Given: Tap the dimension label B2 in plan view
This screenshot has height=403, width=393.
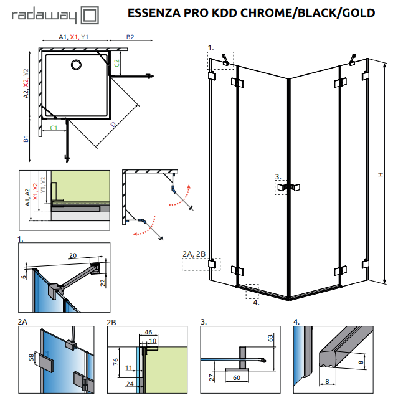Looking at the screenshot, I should click(x=131, y=37).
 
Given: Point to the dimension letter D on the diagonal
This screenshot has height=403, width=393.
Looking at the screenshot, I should click(x=112, y=125).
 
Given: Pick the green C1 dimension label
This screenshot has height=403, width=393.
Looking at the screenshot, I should click(x=54, y=128).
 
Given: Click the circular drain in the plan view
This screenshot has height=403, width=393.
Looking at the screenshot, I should click(x=77, y=64).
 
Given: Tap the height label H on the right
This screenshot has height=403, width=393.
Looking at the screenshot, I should click(x=380, y=176).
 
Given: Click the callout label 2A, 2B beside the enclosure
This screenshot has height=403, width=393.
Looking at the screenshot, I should click(x=194, y=254).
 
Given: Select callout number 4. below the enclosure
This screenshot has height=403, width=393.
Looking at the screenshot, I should click(x=256, y=303).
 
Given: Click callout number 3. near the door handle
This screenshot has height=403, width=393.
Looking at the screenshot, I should click(x=278, y=176).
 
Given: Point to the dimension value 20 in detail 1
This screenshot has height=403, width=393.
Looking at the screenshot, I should click(x=72, y=255).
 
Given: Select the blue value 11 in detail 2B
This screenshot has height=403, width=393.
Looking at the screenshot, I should click(x=128, y=367).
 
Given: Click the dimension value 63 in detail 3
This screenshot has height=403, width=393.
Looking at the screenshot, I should click(x=270, y=339).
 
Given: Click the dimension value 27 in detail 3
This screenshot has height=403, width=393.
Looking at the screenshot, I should click(x=212, y=376).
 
